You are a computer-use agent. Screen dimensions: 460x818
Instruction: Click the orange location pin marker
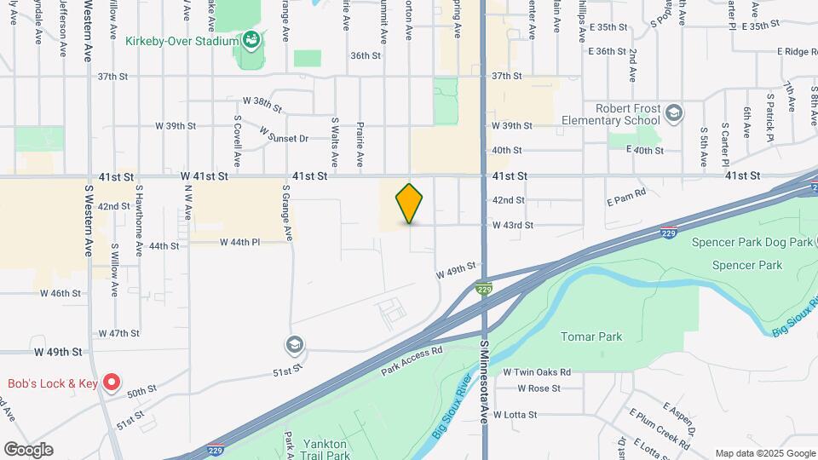pos(409,204)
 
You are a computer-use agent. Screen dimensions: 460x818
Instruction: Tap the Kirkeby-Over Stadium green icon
pos(251,39)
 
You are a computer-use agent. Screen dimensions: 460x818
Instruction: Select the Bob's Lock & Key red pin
pos(112,382)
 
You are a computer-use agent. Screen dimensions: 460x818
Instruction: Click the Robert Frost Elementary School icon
pos(674,113)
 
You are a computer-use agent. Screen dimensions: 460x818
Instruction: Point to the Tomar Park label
pos(591,336)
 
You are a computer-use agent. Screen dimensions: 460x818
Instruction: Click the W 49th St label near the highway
pos(454,271)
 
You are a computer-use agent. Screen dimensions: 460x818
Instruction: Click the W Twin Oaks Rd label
pos(536,372)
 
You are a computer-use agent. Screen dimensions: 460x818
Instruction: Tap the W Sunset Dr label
pos(284,137)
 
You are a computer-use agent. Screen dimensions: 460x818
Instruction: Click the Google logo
pos(28,450)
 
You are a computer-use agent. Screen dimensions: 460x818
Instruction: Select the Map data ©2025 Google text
pos(764,453)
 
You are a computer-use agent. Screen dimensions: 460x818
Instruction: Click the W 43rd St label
pos(512,225)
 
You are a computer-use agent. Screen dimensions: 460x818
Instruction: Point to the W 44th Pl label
pos(239,242)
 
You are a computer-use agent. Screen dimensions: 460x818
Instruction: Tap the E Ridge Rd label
pos(796,52)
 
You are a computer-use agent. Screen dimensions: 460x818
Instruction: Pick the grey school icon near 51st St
pos(295,345)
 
